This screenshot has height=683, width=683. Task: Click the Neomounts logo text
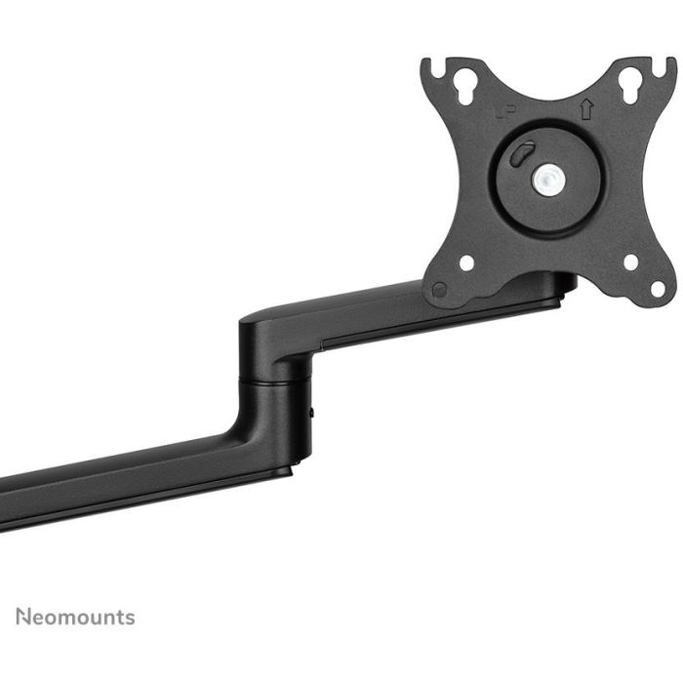click(75, 617)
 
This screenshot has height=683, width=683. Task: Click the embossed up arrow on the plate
click(585, 110)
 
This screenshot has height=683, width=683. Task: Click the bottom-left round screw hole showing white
click(467, 262)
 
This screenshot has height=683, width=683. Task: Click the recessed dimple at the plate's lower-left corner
click(439, 290)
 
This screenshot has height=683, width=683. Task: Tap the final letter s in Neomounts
click(130, 618)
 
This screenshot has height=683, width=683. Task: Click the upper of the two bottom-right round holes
click(630, 261)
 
